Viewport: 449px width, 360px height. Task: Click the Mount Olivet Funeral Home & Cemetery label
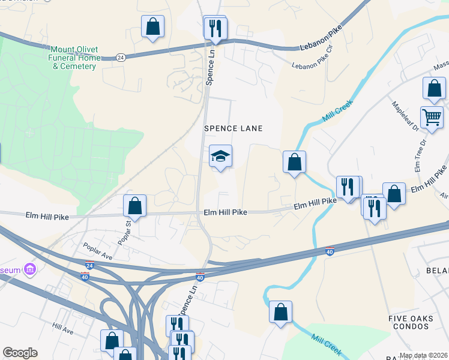(x=74, y=58)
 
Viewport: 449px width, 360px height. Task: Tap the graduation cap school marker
(x=220, y=157)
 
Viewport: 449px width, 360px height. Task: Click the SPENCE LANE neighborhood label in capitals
(x=234, y=128)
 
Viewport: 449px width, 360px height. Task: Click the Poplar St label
(x=128, y=230)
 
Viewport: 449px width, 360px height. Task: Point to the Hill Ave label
(x=62, y=329)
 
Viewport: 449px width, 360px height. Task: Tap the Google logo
(x=20, y=353)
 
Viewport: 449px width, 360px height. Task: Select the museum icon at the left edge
(x=28, y=269)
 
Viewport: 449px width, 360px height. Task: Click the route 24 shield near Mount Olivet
(x=121, y=58)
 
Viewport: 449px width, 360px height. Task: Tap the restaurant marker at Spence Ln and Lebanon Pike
(x=214, y=28)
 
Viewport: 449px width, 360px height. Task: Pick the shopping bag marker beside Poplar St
(x=135, y=206)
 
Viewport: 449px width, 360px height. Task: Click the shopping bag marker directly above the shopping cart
(x=434, y=88)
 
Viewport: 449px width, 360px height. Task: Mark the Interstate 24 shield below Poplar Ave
(x=89, y=265)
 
